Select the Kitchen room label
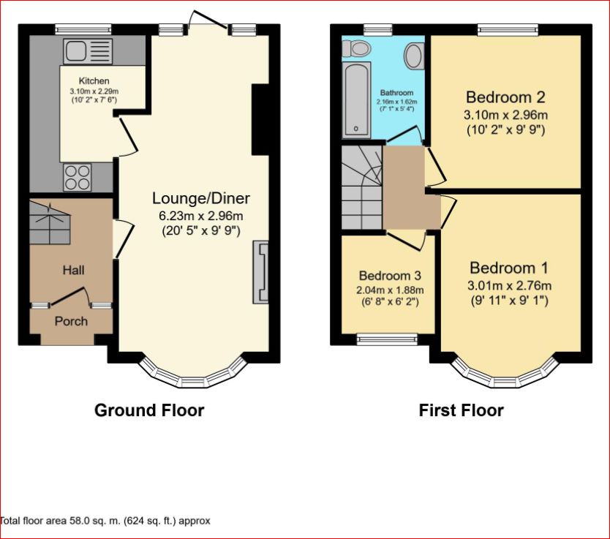pos(94,80)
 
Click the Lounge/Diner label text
pos(201,198)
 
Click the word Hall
pos(73,270)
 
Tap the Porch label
pos(71,321)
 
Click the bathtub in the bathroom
pos(357,99)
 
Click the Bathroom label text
pos(396,93)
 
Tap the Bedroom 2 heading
pos(506,97)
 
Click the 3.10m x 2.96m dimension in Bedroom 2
pos(506,115)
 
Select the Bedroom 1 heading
pos(509,268)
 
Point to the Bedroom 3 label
pos(389,276)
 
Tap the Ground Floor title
pos(149,410)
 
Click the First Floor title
pos(461,410)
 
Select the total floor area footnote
pos(105,521)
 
